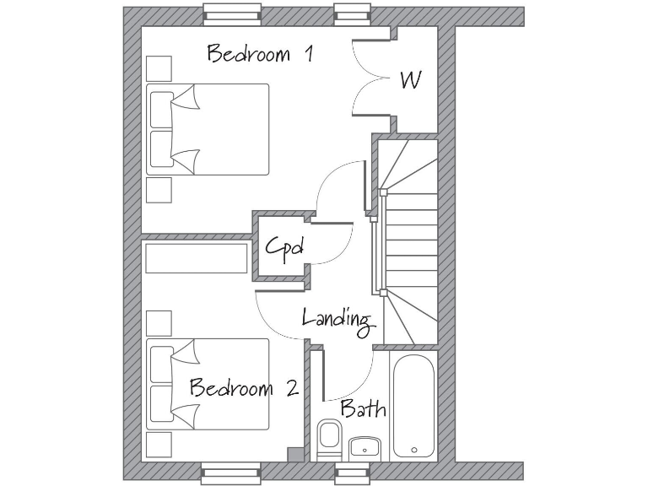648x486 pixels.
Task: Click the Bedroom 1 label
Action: pos(261,55)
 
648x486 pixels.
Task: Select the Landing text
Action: pos(337,319)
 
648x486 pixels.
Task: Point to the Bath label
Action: pos(364,409)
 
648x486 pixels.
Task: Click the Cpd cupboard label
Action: pos(283,248)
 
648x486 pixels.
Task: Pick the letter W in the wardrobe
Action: pos(411,80)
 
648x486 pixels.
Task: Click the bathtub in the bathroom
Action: pos(414,405)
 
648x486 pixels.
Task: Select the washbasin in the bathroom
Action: pos(364,448)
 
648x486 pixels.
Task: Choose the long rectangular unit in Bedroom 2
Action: pos(197,258)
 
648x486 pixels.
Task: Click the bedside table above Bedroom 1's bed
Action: pos(159,68)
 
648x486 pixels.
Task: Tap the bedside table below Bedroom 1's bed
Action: pos(159,190)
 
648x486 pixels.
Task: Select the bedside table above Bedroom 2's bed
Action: pos(159,322)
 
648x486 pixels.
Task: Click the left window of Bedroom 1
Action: pos(231,15)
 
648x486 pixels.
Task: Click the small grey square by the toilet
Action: pos(294,455)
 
